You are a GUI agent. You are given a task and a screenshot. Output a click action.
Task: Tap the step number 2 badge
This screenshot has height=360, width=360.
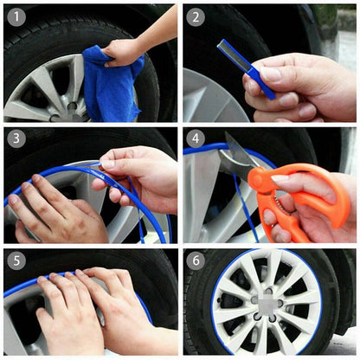click(196, 16)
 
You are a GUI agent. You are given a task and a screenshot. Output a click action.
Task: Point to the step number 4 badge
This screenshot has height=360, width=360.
click(196, 138)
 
